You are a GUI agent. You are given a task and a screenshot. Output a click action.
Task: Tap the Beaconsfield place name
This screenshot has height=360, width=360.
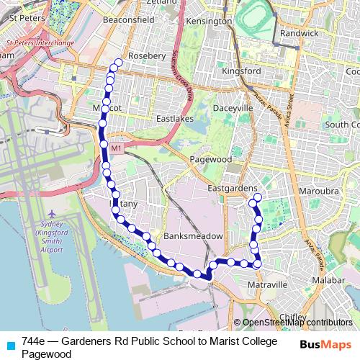[x=129, y=20]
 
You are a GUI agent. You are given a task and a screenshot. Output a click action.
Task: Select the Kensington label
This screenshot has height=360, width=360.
[x=209, y=22]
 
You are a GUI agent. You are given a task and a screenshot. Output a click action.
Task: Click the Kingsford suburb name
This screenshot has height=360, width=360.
[x=242, y=71]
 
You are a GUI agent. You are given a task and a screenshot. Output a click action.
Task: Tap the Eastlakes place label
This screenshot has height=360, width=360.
[x=176, y=117]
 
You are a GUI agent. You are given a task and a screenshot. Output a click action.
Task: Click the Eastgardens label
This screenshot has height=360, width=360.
[x=233, y=188]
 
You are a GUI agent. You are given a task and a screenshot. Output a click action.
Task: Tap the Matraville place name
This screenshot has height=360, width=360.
[x=268, y=285]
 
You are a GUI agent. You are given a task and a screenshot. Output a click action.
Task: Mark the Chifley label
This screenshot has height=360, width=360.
[x=292, y=316]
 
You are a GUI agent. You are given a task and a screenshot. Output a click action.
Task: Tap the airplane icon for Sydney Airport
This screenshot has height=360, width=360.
[x=52, y=214]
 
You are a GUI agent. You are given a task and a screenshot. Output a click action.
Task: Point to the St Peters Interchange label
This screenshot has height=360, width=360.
[x=40, y=42]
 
